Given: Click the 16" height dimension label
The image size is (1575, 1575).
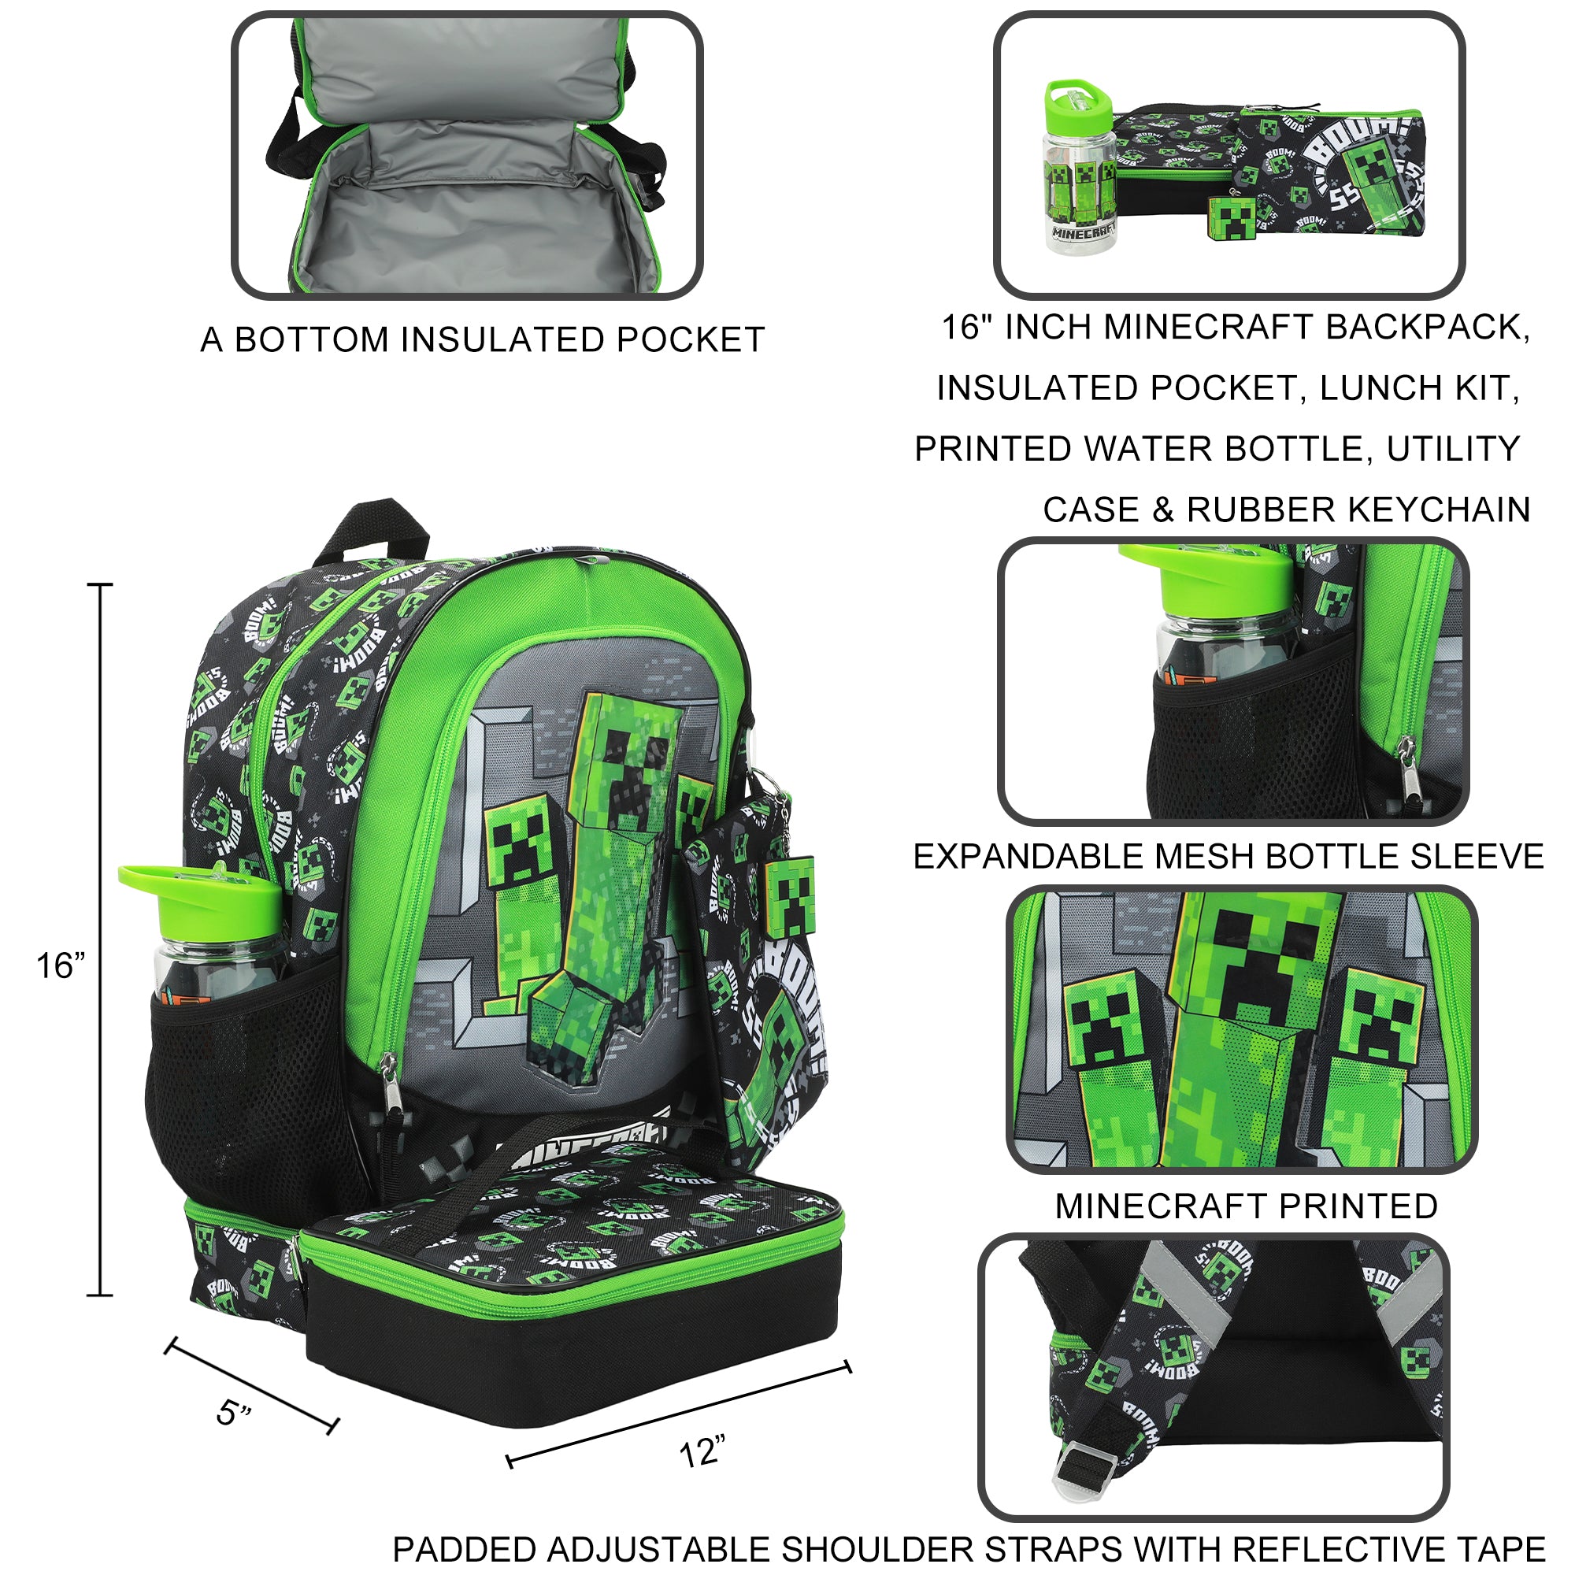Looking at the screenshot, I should coord(61,966).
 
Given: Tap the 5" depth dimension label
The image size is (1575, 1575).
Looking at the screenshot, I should coord(234,1413).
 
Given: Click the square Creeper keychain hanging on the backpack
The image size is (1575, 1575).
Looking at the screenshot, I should coord(789,897).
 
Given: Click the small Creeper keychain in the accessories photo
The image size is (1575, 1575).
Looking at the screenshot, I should coord(1231,216).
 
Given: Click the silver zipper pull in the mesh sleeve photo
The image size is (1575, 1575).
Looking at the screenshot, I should coord(1406,762).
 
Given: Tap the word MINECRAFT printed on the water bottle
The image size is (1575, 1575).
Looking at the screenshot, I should coord(1082,232).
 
